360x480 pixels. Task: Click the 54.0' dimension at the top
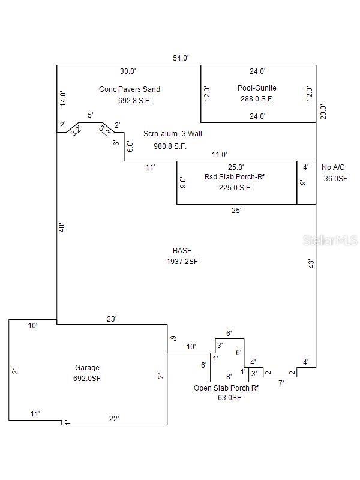coord(181,58)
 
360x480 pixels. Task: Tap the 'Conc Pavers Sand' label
coord(130,89)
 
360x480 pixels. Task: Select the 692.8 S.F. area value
coord(134,101)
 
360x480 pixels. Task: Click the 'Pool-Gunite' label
coord(257,88)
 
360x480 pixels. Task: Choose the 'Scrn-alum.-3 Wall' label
coord(173,134)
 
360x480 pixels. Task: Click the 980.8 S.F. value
coord(170,146)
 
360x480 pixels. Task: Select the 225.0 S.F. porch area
coord(235,187)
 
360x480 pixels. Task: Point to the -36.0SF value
coord(334,178)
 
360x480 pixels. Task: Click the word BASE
coord(182,250)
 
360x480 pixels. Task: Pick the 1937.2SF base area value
coord(182,261)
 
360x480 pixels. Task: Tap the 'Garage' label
coord(87,368)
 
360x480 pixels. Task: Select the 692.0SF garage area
coord(87,379)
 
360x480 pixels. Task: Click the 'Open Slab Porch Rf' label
coord(226,388)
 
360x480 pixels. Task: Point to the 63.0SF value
coord(229,398)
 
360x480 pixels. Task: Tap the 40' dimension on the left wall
coord(62,228)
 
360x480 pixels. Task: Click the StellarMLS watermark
coord(330,241)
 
